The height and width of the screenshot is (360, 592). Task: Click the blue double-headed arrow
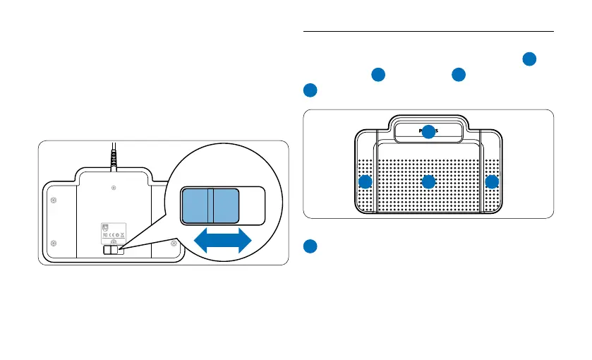(222, 241)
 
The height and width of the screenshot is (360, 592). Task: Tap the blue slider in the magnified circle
(209, 207)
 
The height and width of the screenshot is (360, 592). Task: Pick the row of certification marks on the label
(112, 235)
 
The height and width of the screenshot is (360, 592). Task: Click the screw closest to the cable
(114, 188)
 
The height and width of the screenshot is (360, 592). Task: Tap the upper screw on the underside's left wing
(54, 200)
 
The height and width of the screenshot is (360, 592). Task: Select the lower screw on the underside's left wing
(54, 244)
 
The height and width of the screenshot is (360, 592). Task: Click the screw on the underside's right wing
(174, 244)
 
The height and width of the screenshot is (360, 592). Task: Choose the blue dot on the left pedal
(365, 182)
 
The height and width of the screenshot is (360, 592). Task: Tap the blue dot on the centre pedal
(428, 182)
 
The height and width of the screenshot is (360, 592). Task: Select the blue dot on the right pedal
(492, 182)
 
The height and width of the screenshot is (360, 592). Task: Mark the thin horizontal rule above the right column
(428, 31)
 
